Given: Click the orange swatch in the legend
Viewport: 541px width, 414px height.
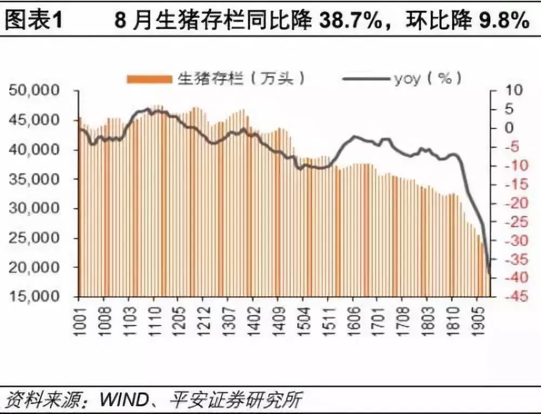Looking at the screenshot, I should tap(149, 79).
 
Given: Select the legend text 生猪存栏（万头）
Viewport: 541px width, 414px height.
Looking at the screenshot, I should tap(241, 79).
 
